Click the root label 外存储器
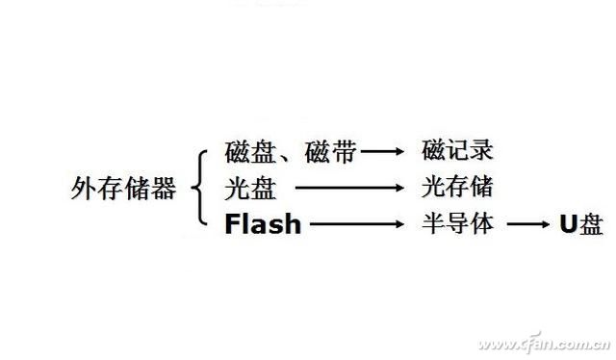click(x=124, y=189)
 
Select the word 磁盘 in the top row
click(x=250, y=152)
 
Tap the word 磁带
click(x=331, y=152)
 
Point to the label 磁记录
click(x=458, y=151)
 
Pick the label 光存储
click(x=458, y=187)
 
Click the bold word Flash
click(x=263, y=225)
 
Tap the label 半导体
click(x=458, y=224)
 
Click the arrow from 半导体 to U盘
click(x=529, y=225)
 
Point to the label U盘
click(x=581, y=225)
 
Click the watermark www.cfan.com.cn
click(x=544, y=344)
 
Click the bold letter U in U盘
click(x=568, y=225)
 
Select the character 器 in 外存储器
click(x=165, y=189)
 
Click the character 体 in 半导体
click(x=483, y=224)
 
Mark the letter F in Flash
click(x=232, y=225)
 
